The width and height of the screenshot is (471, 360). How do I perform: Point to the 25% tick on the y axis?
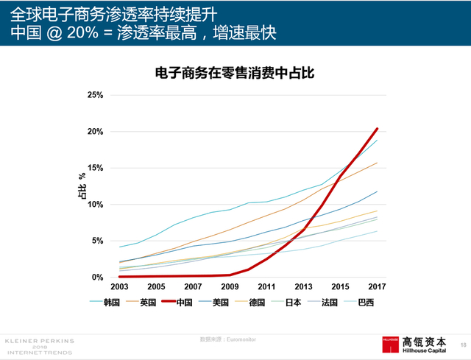[x=93, y=95]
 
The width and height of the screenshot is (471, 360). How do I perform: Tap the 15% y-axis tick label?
[x=93, y=168]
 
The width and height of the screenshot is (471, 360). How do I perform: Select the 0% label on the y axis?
[x=96, y=278]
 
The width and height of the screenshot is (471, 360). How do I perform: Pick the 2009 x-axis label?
[x=230, y=286]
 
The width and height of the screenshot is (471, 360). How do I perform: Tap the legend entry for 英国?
[x=146, y=302]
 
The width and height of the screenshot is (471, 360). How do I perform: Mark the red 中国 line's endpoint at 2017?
[x=378, y=128]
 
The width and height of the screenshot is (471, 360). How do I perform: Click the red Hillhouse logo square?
[x=389, y=345]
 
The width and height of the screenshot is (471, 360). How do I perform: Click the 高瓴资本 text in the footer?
[x=425, y=342]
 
